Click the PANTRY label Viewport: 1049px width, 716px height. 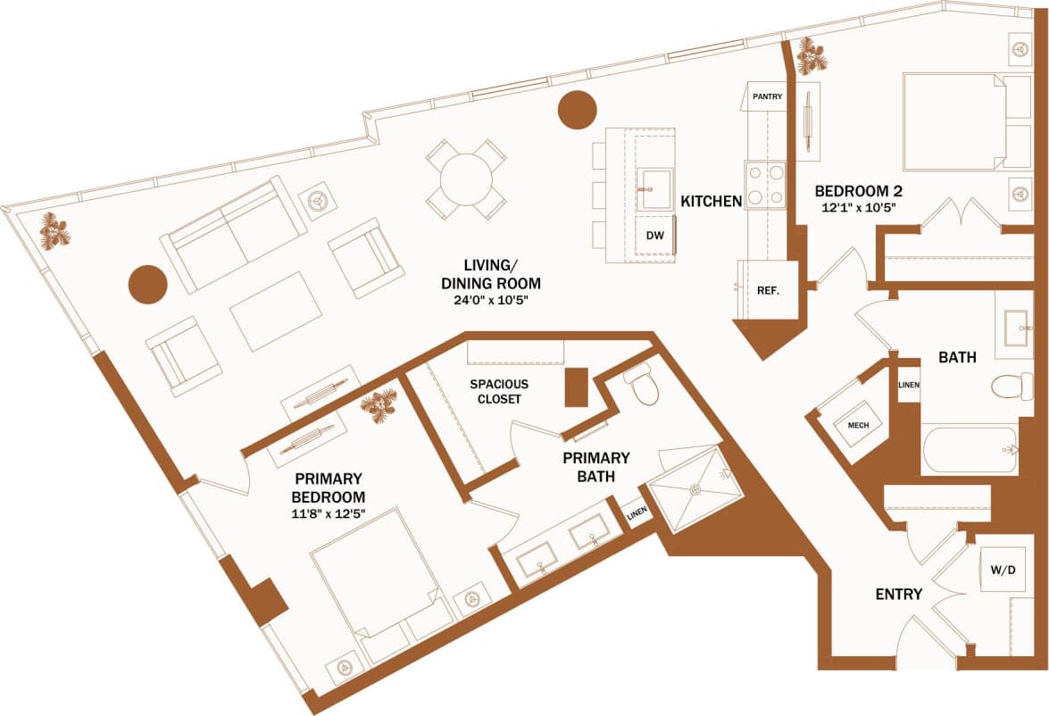pos(768,96)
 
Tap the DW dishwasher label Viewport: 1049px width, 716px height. pos(654,236)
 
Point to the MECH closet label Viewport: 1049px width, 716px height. pos(858,425)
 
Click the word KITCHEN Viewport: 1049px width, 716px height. pos(712,202)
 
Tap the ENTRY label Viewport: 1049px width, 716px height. pos(898,595)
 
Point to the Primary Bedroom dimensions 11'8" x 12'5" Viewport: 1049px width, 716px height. pos(329,513)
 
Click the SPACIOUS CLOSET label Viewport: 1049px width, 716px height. pos(499,391)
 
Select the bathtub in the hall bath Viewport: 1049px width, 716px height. pos(970,450)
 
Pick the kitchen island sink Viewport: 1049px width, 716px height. pos(655,189)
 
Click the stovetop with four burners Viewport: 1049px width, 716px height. pos(765,185)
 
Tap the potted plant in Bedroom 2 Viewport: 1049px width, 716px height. pos(812,56)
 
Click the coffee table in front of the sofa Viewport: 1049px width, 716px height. pos(276,311)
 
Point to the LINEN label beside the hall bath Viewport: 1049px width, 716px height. pos(908,385)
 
